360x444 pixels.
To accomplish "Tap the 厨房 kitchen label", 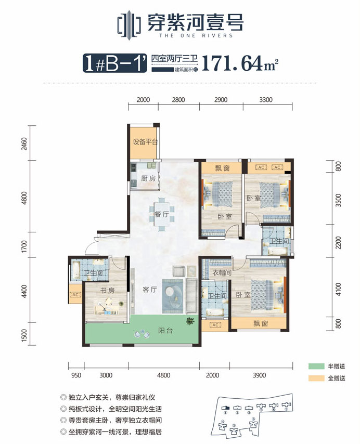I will [148, 178].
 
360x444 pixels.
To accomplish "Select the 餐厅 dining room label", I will [161, 214].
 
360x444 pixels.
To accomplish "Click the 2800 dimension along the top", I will [178, 99].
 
